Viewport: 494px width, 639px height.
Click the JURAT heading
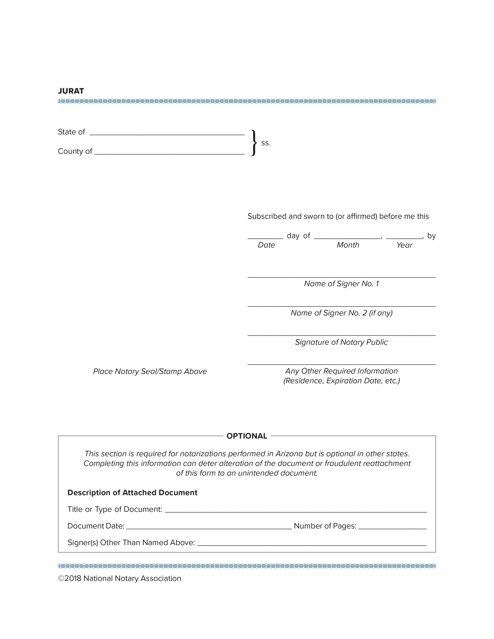pyautogui.click(x=71, y=91)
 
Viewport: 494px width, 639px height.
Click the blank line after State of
pyautogui.click(x=167, y=134)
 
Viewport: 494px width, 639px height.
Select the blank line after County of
pyautogui.click(x=169, y=153)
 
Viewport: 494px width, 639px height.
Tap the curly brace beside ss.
pyautogui.click(x=254, y=143)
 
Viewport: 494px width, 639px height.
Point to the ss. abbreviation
pyautogui.click(x=266, y=143)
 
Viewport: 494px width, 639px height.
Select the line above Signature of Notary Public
pyautogui.click(x=341, y=335)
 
